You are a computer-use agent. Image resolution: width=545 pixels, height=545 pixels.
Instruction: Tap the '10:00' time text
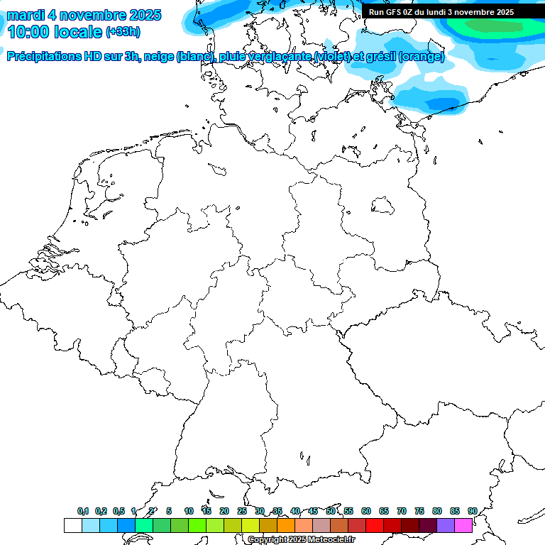click(x=28, y=31)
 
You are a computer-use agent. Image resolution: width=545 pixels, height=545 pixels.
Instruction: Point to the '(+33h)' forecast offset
click(x=123, y=31)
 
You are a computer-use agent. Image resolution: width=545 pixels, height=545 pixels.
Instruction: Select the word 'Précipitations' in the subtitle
click(x=43, y=57)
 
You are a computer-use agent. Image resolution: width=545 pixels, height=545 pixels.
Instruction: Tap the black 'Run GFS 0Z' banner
click(x=441, y=12)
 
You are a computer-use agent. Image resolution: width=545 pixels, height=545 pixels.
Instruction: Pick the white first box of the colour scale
click(x=72, y=526)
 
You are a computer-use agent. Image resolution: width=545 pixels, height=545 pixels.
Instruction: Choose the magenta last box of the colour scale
click(x=463, y=526)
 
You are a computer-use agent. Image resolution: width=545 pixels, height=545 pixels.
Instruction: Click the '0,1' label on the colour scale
click(x=83, y=511)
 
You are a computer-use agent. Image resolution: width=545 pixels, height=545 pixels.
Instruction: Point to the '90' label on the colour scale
click(x=472, y=511)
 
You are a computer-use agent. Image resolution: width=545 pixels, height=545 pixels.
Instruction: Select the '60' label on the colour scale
click(x=366, y=511)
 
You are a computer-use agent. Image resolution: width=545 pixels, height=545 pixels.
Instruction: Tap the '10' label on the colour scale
click(x=189, y=511)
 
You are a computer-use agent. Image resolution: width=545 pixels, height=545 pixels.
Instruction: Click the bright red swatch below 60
click(x=374, y=526)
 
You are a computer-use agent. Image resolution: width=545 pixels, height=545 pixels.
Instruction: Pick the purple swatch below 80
click(x=445, y=526)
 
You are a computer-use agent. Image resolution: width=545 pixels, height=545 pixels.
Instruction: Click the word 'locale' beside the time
click(x=79, y=31)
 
